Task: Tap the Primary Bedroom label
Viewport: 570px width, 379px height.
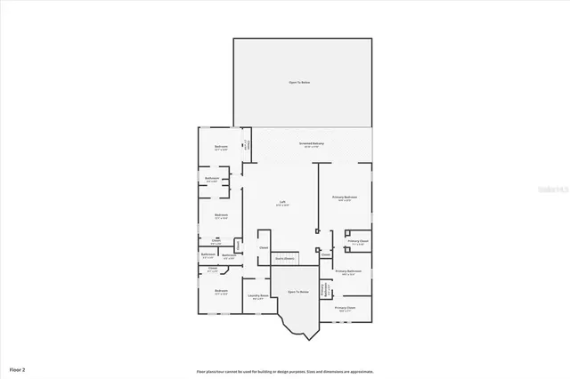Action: [345, 198]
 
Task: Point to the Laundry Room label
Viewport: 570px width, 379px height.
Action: [257, 297]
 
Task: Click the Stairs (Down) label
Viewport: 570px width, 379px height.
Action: [284, 259]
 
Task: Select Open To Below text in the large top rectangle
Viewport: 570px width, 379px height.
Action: [299, 83]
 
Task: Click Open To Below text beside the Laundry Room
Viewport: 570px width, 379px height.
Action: [297, 291]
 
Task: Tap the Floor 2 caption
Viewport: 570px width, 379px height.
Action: [18, 368]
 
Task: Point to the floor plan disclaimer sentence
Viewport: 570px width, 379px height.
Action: [285, 371]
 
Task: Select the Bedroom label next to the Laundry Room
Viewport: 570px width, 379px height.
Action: [220, 292]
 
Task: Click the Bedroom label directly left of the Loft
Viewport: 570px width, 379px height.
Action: [220, 215]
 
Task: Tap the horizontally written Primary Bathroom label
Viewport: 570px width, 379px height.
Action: [347, 271]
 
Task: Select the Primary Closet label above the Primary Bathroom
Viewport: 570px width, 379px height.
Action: [358, 242]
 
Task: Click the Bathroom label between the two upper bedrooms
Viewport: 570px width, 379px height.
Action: [211, 179]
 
